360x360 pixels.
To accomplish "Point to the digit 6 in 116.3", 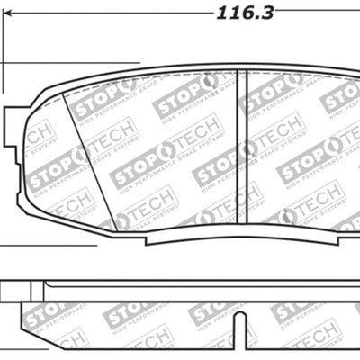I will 247,13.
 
